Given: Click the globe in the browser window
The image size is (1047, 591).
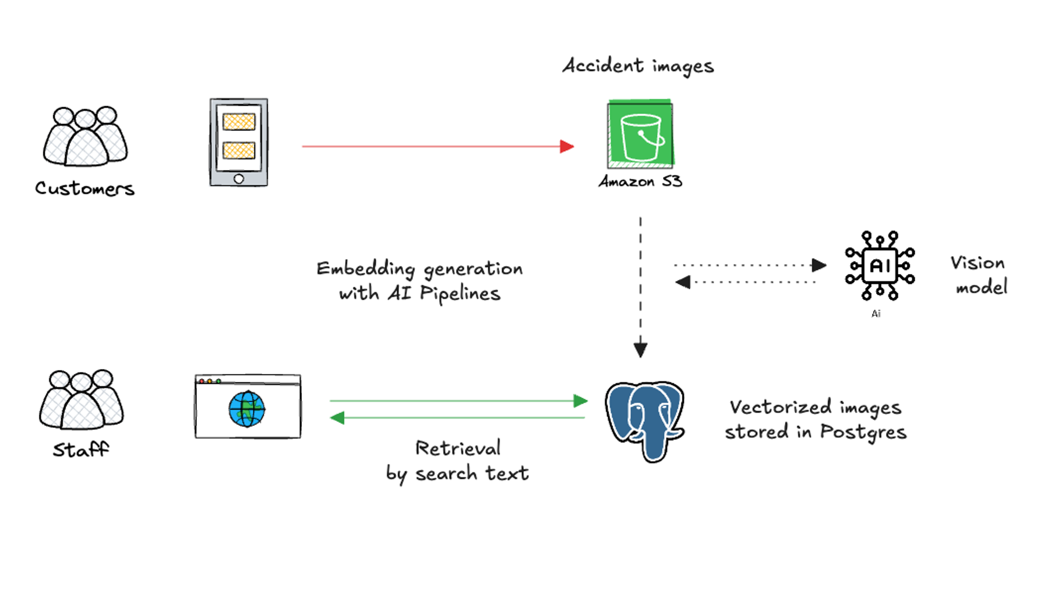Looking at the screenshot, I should point(247,409).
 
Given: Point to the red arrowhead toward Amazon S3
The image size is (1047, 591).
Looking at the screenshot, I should point(567,146).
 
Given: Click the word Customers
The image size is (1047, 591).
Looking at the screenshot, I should point(85,188).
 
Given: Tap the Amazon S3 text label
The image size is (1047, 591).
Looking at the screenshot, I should point(640,181).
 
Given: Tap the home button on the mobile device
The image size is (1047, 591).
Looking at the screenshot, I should point(239,179).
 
